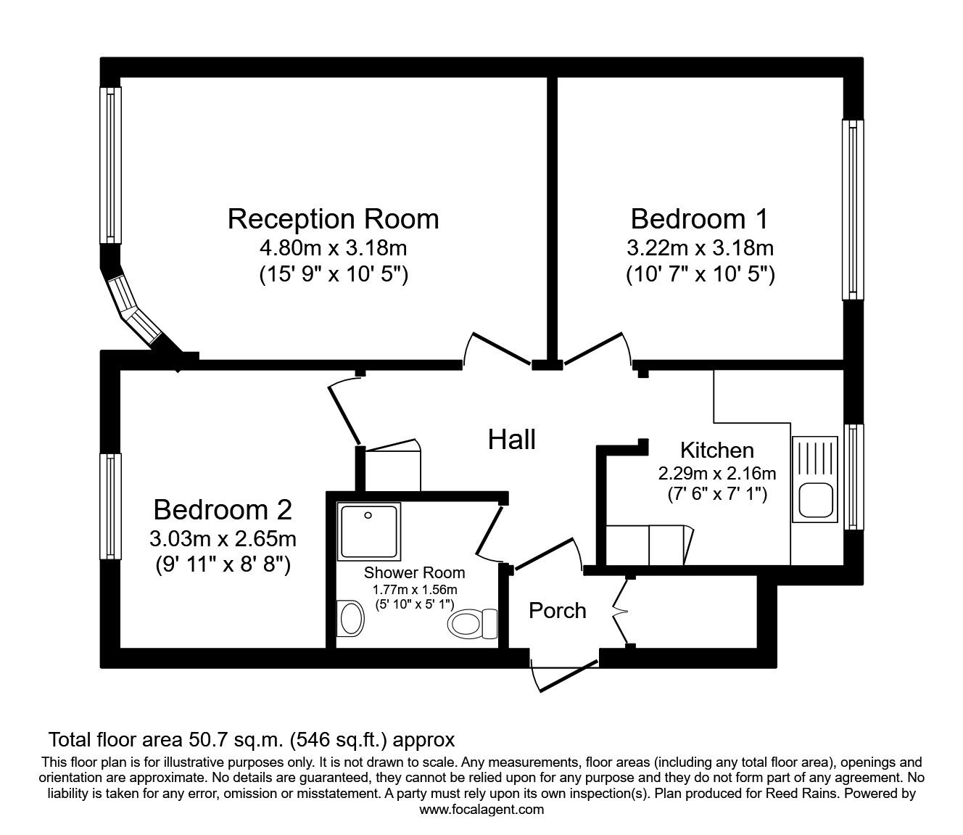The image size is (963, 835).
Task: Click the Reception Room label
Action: (x=333, y=218)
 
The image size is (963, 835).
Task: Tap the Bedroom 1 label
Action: (x=699, y=218)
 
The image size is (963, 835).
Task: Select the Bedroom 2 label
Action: (x=223, y=510)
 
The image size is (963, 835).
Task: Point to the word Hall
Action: (x=512, y=439)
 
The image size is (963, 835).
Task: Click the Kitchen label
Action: (x=717, y=450)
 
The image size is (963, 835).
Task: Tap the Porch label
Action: (x=557, y=610)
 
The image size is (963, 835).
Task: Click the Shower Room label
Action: (x=414, y=572)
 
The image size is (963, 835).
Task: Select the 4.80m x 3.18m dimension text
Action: (x=333, y=248)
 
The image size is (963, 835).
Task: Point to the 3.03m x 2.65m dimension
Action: (x=223, y=538)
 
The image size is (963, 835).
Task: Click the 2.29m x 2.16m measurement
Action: (x=717, y=474)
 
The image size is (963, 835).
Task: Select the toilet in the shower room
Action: (x=472, y=622)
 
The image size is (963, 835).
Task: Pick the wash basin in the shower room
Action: (x=351, y=618)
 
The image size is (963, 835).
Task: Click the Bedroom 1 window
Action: (x=853, y=209)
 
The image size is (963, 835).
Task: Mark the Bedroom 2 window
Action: (x=109, y=506)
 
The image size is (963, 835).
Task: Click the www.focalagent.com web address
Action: (x=481, y=810)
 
